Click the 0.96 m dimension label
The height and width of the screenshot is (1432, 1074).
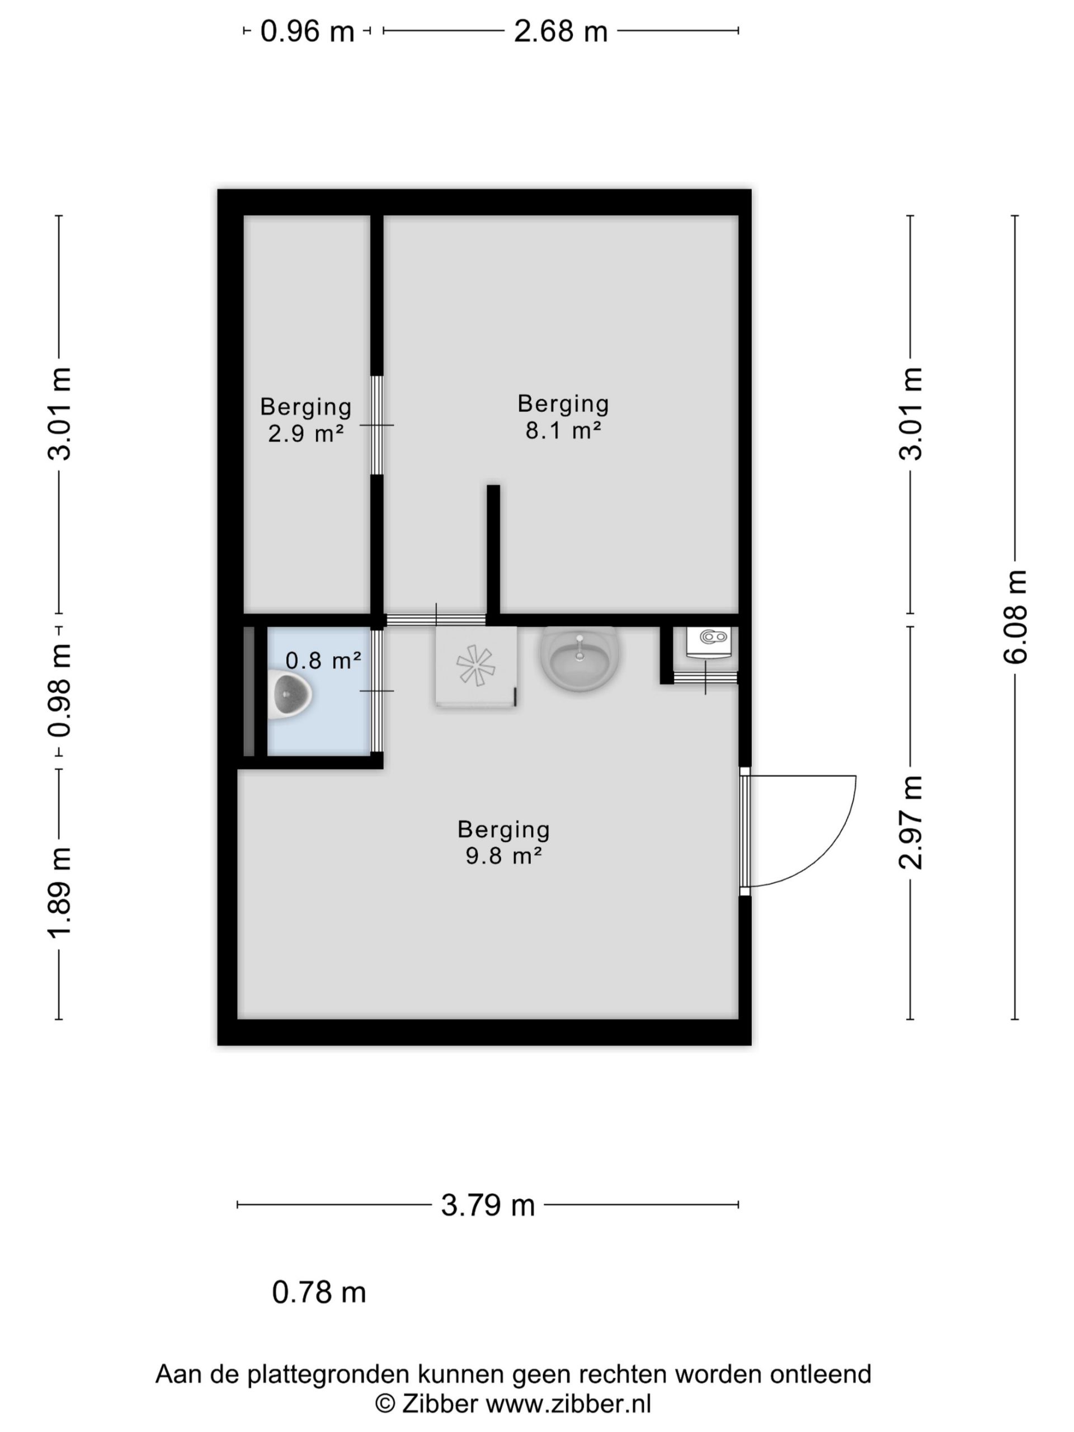click(x=307, y=31)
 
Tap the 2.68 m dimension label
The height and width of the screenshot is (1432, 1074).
click(x=560, y=31)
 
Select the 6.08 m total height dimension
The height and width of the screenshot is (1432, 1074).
click(x=1015, y=617)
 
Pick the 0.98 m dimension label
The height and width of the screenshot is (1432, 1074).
click(x=59, y=691)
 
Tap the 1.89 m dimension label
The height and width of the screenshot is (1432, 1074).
click(x=59, y=892)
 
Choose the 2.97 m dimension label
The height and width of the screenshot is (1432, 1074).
click(x=911, y=822)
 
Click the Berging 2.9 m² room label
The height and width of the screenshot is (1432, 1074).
click(x=305, y=420)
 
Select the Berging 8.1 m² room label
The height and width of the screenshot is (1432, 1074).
click(x=563, y=416)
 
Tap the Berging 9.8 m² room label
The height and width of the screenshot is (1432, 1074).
click(x=503, y=842)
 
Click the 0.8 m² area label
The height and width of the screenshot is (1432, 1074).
click(x=323, y=660)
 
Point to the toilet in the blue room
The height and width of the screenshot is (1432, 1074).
click(x=292, y=695)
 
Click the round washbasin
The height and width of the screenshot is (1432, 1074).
click(x=580, y=658)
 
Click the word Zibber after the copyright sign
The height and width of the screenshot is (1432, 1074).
click(x=440, y=1404)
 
